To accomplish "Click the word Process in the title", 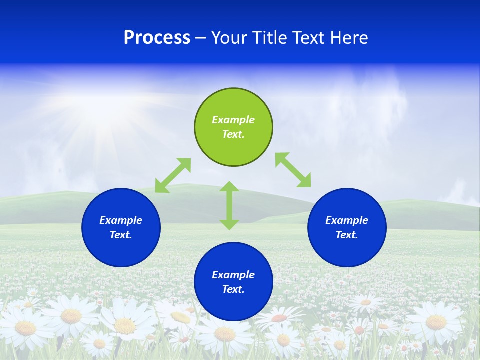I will [157, 38].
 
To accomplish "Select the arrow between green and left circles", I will [173, 175].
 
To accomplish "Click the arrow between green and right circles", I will [293, 170].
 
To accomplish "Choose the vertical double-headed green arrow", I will [229, 205].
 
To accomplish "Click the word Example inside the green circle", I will [233, 120].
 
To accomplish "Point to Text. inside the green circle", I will [233, 134].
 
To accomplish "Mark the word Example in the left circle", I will [121, 220].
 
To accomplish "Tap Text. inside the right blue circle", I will [347, 235].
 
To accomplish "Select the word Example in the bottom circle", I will [233, 275].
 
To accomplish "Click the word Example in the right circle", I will [347, 220].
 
